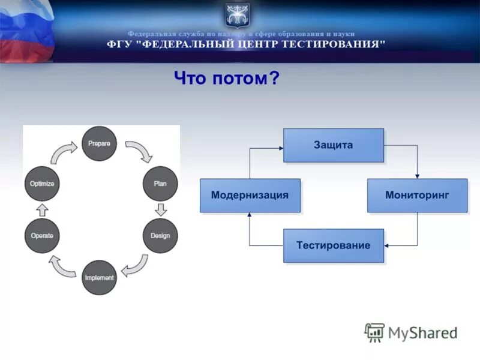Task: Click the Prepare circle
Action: [x=99, y=143]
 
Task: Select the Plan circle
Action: [x=160, y=183]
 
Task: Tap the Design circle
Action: [x=160, y=235]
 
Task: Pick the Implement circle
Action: [x=99, y=277]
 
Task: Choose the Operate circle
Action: [x=42, y=235]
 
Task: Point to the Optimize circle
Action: [x=42, y=183]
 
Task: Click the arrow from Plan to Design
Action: [x=160, y=209]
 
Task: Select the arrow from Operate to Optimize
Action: [x=42, y=209]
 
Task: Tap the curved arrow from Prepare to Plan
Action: [x=139, y=151]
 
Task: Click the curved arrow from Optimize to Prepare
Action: [x=62, y=152]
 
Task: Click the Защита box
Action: [x=333, y=145]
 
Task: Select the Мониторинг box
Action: [x=417, y=195]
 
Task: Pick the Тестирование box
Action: [x=333, y=245]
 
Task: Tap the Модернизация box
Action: [x=250, y=195]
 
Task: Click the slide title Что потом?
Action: [x=227, y=78]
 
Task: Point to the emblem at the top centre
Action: [x=238, y=15]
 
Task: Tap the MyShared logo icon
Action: [x=375, y=332]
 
